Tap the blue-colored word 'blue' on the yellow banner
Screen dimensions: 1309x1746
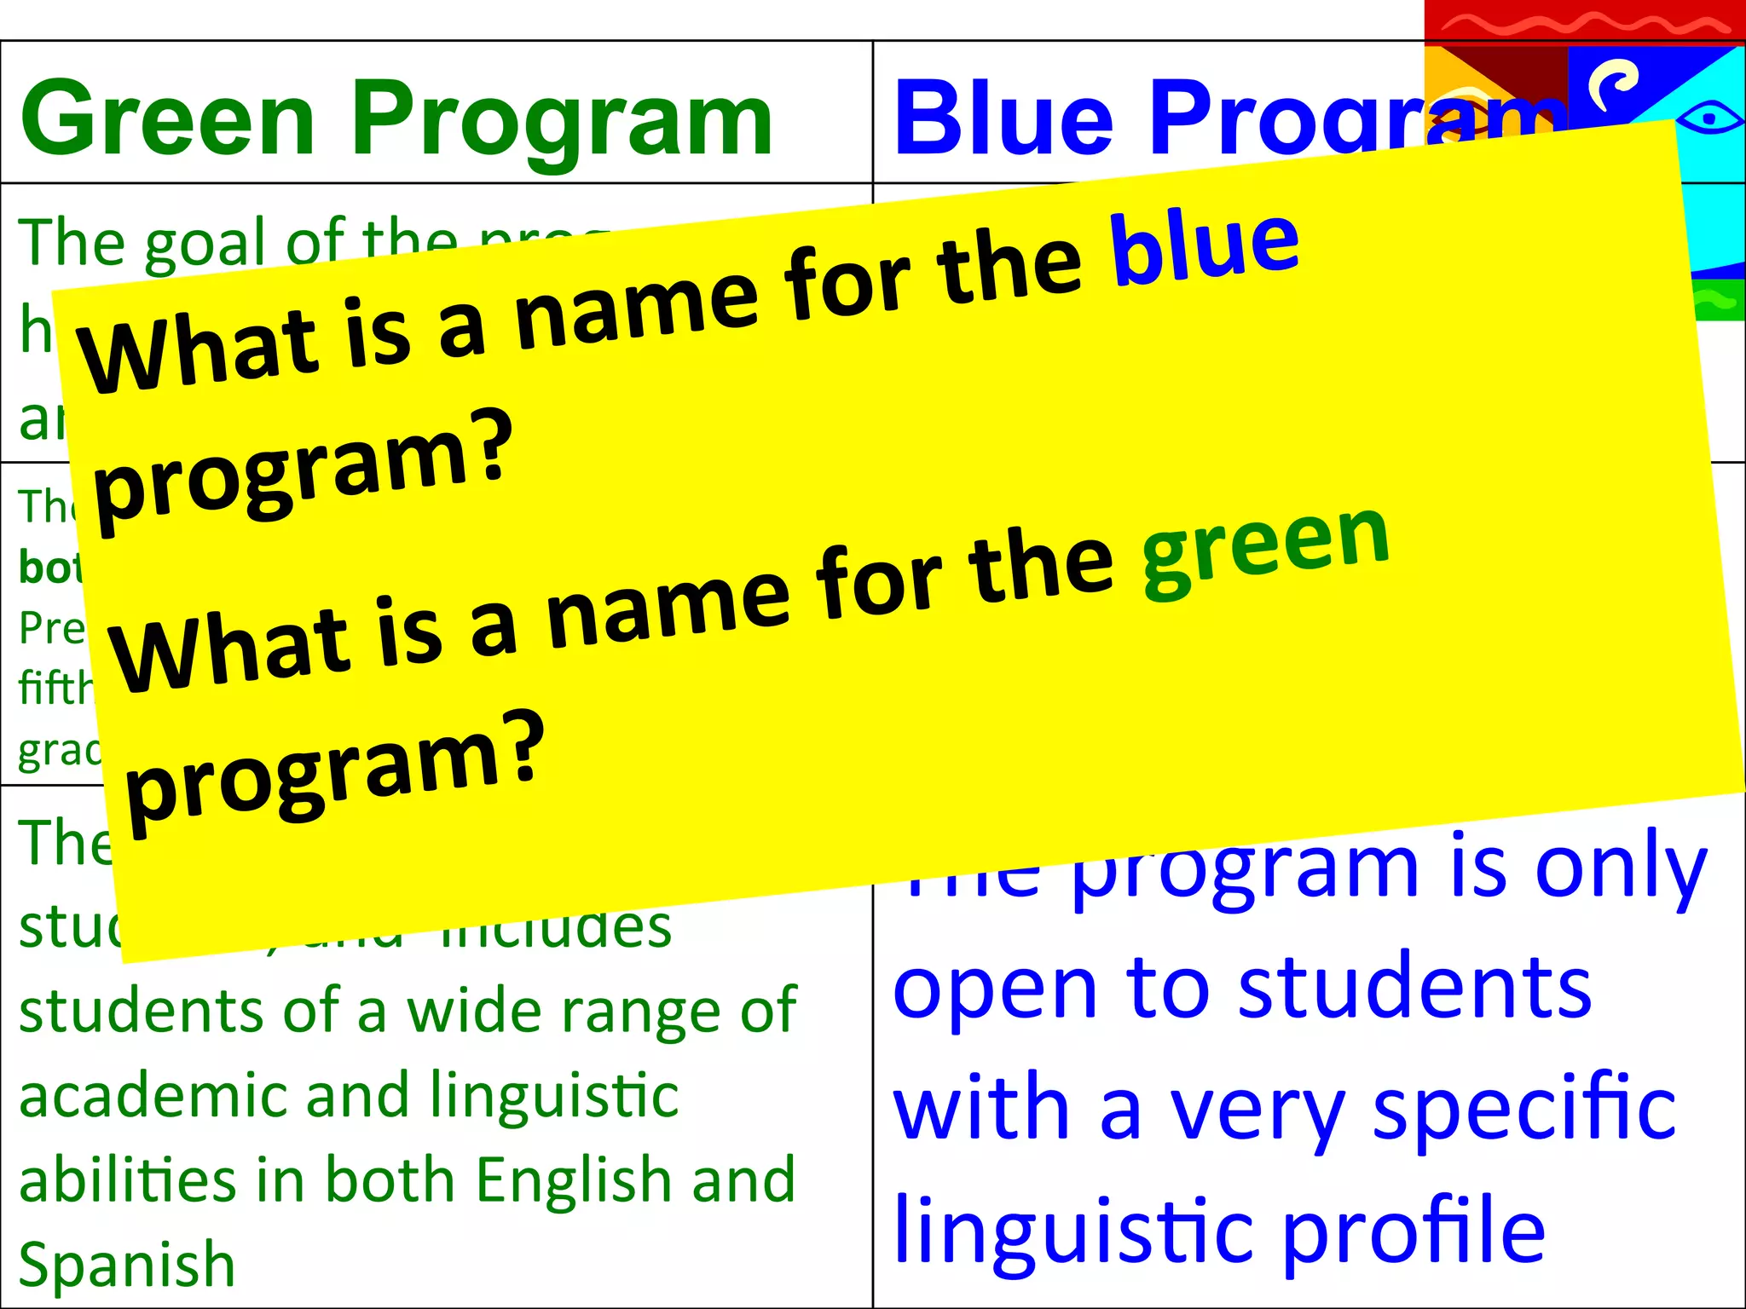click(1204, 247)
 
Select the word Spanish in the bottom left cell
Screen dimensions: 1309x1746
click(126, 1265)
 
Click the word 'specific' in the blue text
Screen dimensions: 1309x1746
click(1523, 1108)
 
